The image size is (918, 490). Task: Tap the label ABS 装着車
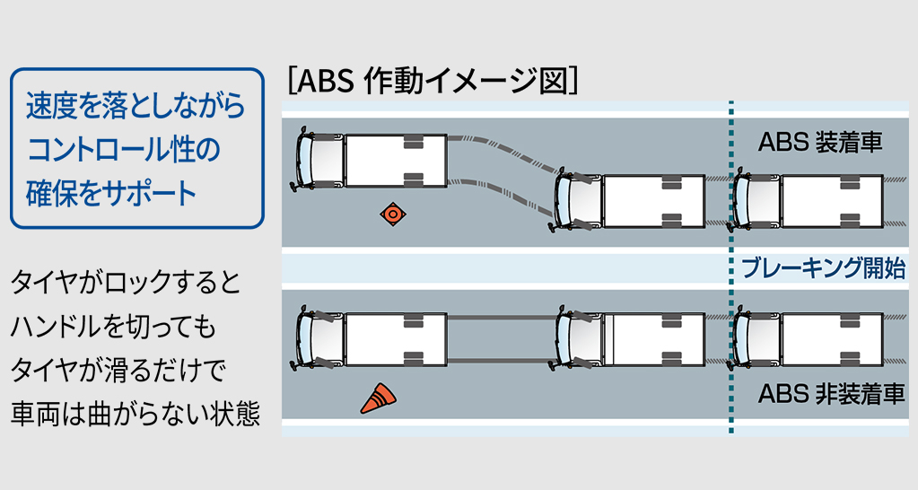coord(820,143)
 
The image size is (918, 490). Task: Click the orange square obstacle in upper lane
coord(392,214)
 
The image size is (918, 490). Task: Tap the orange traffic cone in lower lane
coord(379,398)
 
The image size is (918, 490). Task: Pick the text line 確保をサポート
coord(112,192)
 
